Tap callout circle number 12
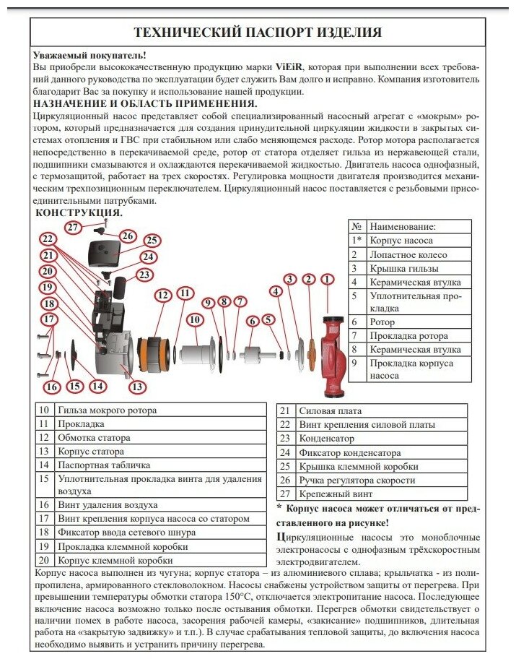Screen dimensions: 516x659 pos(163,296)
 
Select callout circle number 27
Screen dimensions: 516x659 pos(73,228)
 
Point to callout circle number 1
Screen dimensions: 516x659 pos(328,280)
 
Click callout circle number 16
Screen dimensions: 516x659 pos(52,387)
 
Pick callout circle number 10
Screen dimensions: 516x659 pos(195,320)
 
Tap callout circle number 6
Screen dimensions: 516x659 pos(253,322)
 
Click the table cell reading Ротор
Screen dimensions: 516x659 pos(382,322)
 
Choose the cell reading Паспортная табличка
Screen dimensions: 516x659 pos(104,465)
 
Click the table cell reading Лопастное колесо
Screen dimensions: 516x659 pos(408,254)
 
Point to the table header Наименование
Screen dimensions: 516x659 pos(402,227)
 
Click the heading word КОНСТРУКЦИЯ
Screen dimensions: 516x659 pos(79,212)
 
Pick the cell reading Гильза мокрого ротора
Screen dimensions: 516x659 pos(107,410)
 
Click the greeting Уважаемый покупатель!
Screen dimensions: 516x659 pos(89,55)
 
